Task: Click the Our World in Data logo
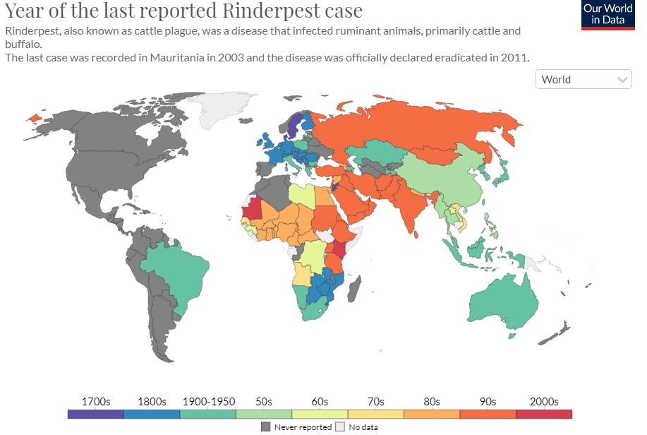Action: pyautogui.click(x=607, y=16)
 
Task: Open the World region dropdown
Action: pyautogui.click(x=583, y=79)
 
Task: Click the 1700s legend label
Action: pyautogui.click(x=96, y=402)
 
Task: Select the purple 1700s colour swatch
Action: pyautogui.click(x=96, y=414)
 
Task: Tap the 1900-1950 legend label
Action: pyautogui.click(x=209, y=402)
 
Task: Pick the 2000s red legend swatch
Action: pyautogui.click(x=544, y=414)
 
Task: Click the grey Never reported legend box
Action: pyautogui.click(x=266, y=427)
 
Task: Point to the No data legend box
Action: pyautogui.click(x=340, y=427)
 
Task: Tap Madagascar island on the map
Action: pyautogui.click(x=354, y=289)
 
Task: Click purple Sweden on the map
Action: pyautogui.click(x=294, y=125)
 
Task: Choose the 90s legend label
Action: pyautogui.click(x=488, y=402)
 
